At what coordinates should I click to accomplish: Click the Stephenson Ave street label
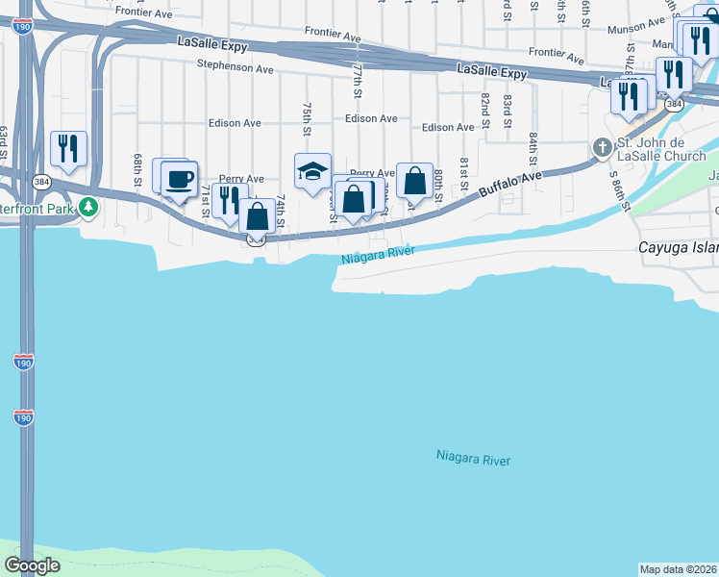click(236, 67)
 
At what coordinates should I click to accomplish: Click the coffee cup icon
click(179, 178)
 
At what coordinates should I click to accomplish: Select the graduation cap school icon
click(312, 171)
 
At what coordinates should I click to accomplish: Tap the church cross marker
click(603, 147)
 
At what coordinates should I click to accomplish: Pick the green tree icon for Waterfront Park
click(88, 206)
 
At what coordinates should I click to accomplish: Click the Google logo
click(32, 565)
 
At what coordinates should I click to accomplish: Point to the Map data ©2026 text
click(677, 568)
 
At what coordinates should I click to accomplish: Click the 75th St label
click(307, 118)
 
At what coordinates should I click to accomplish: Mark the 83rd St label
click(508, 107)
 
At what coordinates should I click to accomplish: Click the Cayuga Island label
click(679, 248)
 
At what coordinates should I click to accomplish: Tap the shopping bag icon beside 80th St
click(414, 180)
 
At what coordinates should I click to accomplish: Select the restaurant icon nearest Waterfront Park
click(68, 148)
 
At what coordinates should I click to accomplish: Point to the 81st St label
click(462, 172)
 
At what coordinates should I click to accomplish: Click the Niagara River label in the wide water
click(473, 459)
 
